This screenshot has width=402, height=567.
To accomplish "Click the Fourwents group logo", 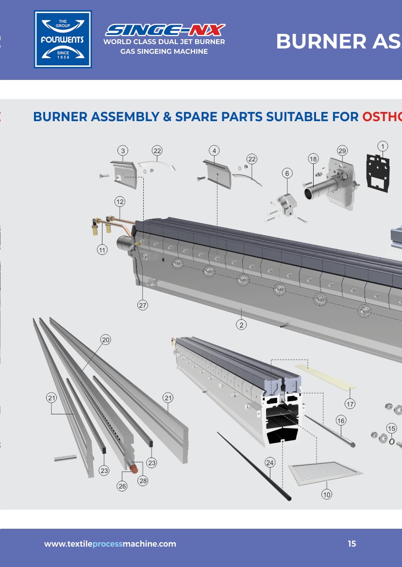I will point(63,39).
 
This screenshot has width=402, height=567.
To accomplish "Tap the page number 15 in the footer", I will point(352,544).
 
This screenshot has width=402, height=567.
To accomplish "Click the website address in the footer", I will point(110,544).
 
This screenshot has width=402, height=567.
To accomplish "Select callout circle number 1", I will point(383,146).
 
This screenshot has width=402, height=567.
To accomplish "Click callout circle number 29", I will point(342,151).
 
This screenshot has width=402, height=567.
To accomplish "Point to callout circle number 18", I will point(313,159).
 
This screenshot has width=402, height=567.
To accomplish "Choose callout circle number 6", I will point(287,173).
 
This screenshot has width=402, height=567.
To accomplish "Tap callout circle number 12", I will point(120,201).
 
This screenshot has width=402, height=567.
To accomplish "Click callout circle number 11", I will point(102,250).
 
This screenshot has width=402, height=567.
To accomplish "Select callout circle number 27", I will point(142,305).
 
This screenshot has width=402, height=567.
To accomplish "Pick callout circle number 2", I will point(241,325).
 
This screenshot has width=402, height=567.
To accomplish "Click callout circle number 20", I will point(106,340).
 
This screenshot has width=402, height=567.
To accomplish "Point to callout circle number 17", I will point(350,403).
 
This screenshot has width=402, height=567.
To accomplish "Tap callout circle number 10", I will point(327,494).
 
